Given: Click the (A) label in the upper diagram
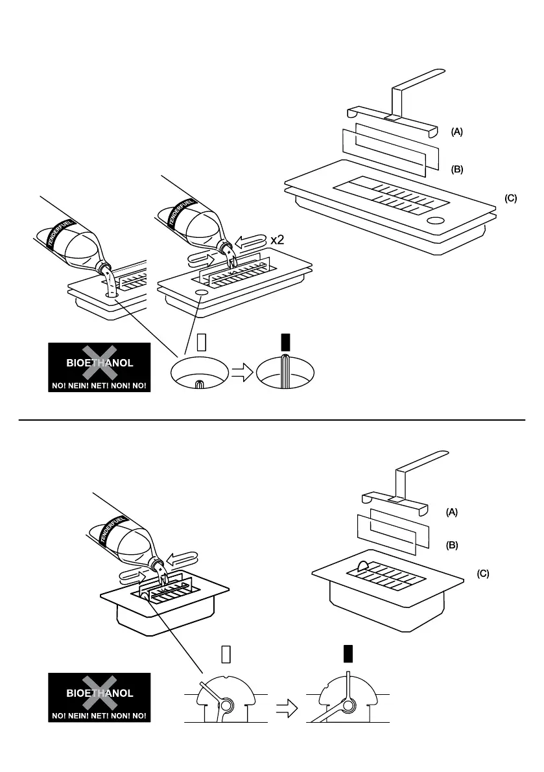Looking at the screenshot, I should click(x=457, y=132).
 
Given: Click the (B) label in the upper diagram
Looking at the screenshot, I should click(x=457, y=170).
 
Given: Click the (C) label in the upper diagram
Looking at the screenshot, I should click(x=511, y=198).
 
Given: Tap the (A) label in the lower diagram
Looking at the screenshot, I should click(x=451, y=512).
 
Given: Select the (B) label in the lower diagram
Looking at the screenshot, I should click(x=451, y=545).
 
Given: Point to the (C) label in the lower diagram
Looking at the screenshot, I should click(x=483, y=574).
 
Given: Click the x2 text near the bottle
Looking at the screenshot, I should click(x=278, y=239).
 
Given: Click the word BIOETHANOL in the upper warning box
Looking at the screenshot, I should click(x=100, y=363).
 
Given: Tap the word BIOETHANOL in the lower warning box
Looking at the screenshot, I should click(x=100, y=693).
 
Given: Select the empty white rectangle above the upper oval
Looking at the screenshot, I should click(x=199, y=342).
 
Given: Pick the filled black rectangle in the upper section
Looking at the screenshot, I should click(x=285, y=342).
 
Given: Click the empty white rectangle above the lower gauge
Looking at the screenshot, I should click(x=226, y=655).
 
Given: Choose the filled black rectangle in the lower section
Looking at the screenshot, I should click(x=348, y=655).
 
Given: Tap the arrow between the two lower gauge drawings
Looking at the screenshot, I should click(x=287, y=710).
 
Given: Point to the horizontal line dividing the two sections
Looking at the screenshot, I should click(x=272, y=420).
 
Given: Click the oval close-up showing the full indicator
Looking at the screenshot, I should click(x=285, y=374).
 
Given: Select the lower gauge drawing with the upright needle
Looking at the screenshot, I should click(x=348, y=700).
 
